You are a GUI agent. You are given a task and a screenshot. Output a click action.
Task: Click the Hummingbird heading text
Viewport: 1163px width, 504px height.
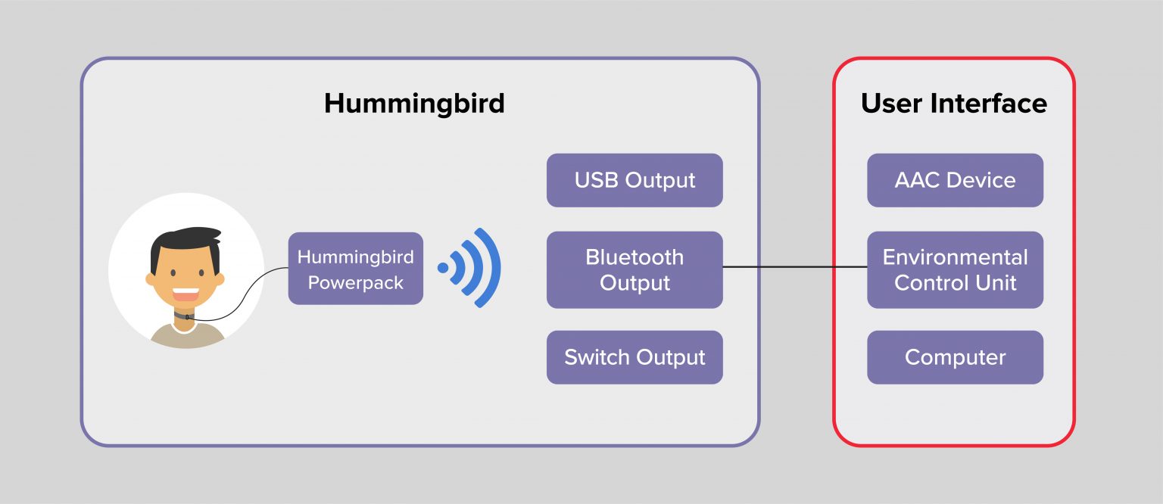point(414,103)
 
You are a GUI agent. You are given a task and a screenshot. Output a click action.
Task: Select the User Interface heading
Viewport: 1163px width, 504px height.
point(953,103)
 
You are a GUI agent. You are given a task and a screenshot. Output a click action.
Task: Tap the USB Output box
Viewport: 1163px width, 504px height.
point(635,180)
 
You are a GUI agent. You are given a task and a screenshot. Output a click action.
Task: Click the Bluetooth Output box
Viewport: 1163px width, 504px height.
point(635,270)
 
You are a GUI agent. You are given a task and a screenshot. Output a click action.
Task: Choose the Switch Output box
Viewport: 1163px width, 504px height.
point(635,357)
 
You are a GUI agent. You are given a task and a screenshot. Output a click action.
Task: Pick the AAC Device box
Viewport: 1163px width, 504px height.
point(955,180)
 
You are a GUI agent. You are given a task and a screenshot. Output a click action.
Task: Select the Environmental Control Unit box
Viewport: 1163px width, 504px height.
point(955,270)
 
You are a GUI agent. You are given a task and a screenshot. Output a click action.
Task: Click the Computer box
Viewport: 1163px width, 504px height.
point(955,357)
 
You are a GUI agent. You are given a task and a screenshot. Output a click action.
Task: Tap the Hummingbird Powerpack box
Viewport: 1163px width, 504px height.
point(355,269)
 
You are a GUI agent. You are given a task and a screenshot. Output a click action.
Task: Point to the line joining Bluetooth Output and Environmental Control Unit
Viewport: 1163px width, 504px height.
point(795,267)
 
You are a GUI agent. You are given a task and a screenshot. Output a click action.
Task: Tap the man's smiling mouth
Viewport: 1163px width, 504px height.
point(186,294)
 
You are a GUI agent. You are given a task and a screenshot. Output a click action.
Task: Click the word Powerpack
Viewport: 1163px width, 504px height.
point(355,283)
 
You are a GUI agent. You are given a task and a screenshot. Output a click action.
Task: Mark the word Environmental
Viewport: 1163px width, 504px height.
point(955,257)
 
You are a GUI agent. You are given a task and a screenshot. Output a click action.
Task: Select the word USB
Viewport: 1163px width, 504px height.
point(596,180)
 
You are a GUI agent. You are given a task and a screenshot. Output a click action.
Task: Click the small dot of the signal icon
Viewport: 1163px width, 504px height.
point(443,267)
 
